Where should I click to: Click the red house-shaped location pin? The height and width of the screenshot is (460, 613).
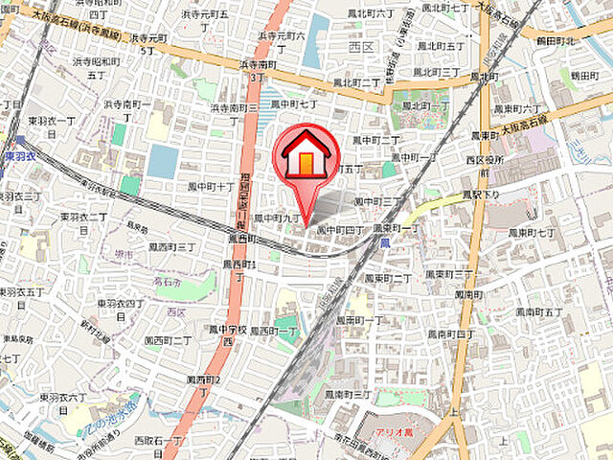click(306, 159)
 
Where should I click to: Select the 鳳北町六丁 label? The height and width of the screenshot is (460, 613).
click(373, 13)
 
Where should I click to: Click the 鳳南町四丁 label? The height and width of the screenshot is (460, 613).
click(450, 333)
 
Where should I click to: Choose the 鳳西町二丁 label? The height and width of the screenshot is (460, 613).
click(168, 340)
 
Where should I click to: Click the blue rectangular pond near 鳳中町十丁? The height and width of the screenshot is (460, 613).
click(162, 161)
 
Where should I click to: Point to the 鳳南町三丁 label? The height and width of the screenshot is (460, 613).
click(347, 394)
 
